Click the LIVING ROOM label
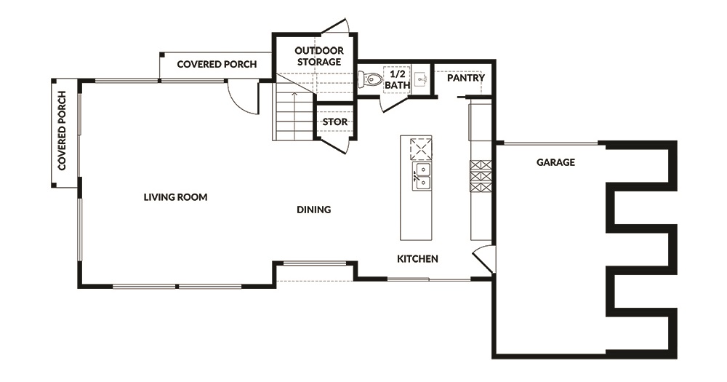click(x=175, y=197)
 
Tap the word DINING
click(x=314, y=210)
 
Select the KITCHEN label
click(x=417, y=259)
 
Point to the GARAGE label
click(x=555, y=162)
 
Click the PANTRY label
click(x=466, y=78)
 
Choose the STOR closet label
click(x=334, y=122)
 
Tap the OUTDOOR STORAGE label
click(x=319, y=56)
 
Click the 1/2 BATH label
click(x=398, y=80)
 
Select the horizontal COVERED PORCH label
click(x=217, y=65)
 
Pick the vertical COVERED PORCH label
click(x=62, y=131)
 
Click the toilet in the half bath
click(x=369, y=79)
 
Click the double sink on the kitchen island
click(x=422, y=176)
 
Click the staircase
click(x=294, y=116)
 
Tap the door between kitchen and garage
click(x=483, y=258)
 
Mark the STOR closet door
click(x=334, y=145)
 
